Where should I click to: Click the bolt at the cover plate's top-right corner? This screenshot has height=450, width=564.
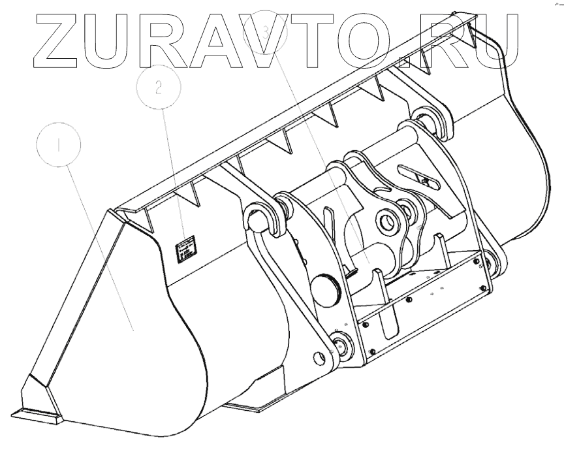(x=482, y=265)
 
